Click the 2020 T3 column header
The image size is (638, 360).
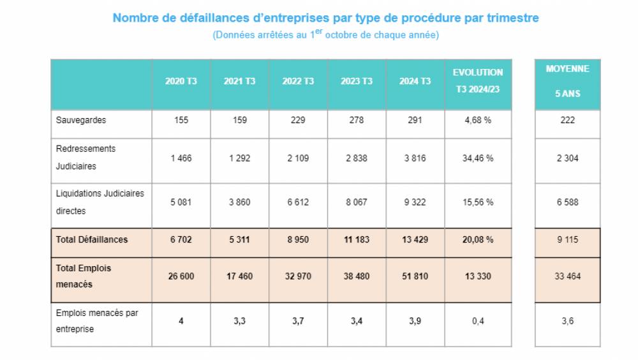(181, 82)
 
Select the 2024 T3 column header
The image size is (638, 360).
(415, 82)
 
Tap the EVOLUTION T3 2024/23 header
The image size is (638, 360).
(478, 81)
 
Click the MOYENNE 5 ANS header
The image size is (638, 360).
(567, 81)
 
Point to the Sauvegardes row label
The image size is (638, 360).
(81, 120)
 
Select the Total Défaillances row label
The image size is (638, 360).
(92, 240)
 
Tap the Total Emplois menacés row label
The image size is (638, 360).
(84, 276)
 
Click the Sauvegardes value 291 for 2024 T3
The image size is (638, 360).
(415, 120)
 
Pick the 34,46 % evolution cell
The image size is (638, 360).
(478, 159)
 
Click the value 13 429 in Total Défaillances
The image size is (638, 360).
(415, 240)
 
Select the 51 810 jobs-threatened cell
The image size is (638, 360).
(415, 276)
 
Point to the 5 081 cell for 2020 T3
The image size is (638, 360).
(181, 202)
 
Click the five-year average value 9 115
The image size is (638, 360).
(567, 240)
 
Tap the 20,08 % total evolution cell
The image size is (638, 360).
(478, 240)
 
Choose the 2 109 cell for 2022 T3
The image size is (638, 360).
(298, 159)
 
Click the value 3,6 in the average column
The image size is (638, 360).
(567, 322)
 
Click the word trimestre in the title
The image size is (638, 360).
(513, 18)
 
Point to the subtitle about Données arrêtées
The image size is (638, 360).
(325, 35)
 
